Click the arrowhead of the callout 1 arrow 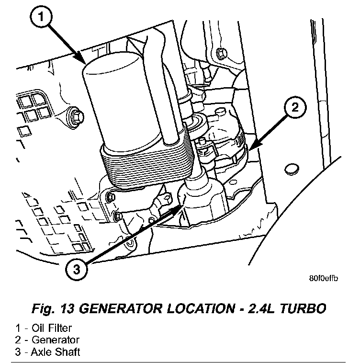click(83, 62)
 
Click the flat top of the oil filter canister click(112, 67)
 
